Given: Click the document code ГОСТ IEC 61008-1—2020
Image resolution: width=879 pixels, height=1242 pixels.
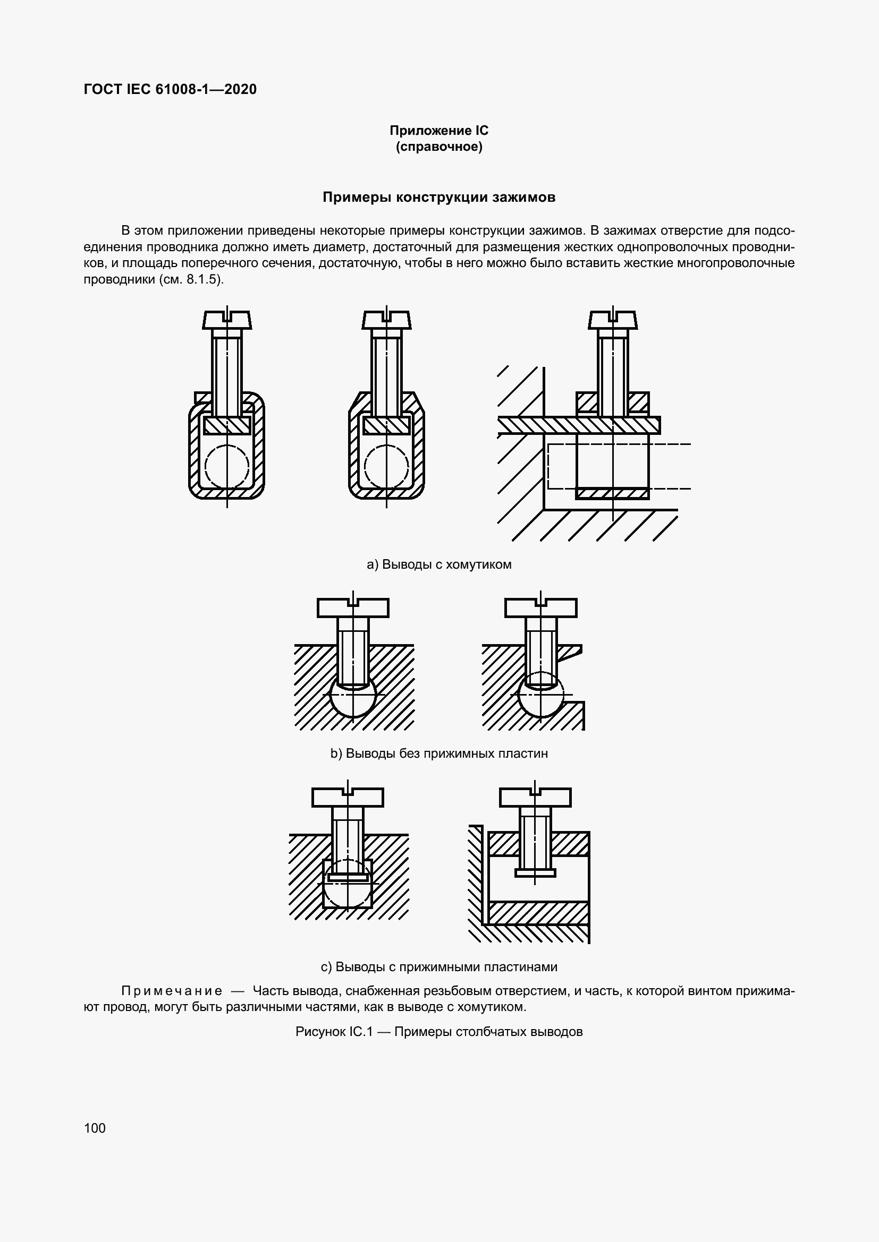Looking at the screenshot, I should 170,89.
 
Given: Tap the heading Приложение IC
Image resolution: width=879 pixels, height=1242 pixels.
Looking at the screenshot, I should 439,131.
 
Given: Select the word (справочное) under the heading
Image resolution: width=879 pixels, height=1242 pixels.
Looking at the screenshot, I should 439,147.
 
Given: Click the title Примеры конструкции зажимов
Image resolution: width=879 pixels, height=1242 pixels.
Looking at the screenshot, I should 439,198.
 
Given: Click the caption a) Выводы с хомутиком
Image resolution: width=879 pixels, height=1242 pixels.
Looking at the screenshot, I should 439,565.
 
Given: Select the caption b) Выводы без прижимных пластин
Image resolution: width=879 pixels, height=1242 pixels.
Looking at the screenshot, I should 439,753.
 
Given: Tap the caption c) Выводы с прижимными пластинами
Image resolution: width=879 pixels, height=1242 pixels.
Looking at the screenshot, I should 439,966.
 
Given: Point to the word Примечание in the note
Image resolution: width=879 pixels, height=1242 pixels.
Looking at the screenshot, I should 172,991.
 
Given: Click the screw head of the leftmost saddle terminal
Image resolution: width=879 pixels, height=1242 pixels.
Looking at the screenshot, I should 227,320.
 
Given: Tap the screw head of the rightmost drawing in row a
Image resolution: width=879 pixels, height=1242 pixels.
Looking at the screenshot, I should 613,320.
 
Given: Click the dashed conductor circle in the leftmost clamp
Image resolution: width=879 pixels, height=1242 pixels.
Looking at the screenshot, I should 227,466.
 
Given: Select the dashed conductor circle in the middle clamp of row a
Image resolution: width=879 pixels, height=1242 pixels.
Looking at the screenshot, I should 386,466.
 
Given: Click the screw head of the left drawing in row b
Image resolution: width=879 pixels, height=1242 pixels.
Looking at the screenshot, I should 353,608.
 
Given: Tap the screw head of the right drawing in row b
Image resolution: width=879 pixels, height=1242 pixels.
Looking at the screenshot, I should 540,608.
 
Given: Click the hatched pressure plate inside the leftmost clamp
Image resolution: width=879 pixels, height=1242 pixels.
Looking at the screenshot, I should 227,425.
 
